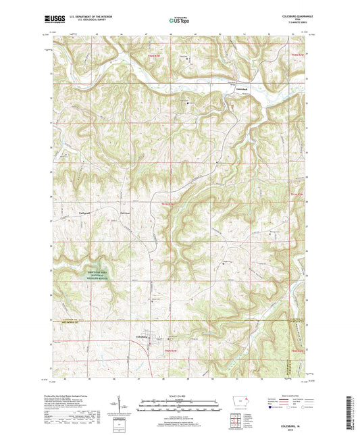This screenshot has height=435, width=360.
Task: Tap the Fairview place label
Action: pos(124,212)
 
